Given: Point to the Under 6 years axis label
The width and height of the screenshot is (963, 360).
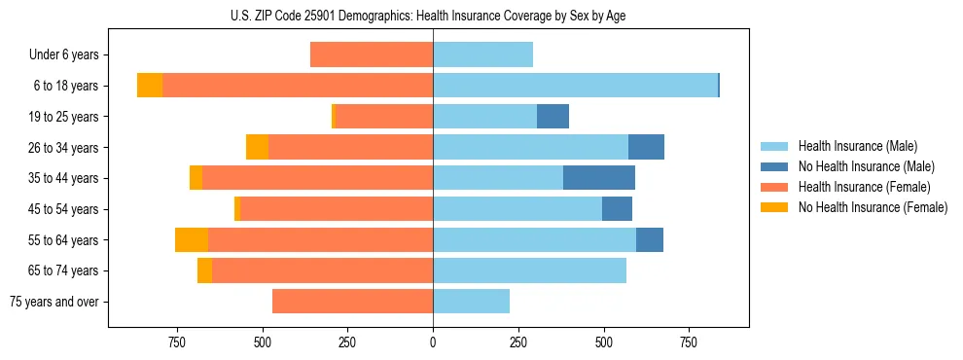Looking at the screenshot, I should (63, 55).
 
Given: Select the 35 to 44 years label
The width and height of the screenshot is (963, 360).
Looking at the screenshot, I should (64, 178).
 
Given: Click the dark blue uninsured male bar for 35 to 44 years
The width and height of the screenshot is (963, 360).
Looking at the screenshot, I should (598, 178).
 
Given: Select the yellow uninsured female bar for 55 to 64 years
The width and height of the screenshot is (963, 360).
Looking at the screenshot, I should (192, 239).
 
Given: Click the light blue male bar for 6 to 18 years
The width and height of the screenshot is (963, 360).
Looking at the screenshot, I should (575, 86).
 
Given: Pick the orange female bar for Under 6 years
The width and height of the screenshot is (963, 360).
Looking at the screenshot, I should (372, 54).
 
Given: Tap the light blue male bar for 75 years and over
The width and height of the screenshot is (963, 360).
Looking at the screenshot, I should (471, 302).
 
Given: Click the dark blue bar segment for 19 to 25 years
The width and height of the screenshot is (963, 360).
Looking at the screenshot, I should (553, 117).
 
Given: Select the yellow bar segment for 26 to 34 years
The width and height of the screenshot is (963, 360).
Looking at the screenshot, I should (257, 147).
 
